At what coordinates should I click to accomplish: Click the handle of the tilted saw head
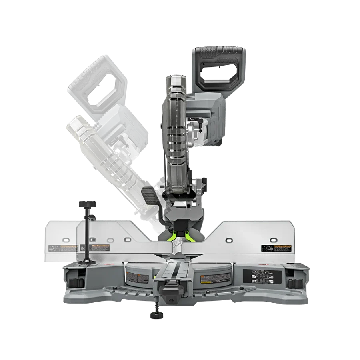(x=96, y=82)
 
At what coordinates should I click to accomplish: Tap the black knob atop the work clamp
(x=88, y=204)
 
